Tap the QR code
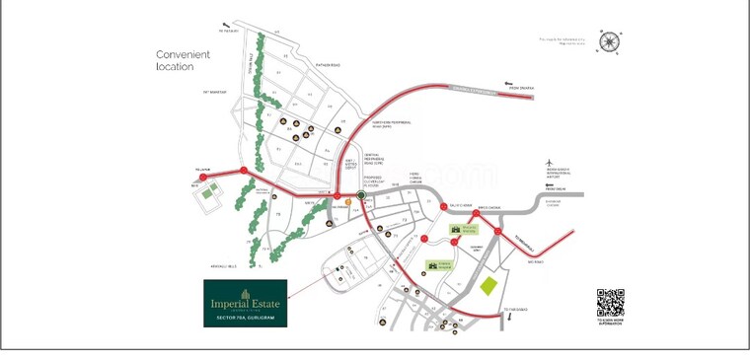tap(610, 303)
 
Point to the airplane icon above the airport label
tap(551, 164)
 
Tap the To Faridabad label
tap(516, 310)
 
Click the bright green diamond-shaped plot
tap(488, 286)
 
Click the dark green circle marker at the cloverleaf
tap(361, 195)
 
